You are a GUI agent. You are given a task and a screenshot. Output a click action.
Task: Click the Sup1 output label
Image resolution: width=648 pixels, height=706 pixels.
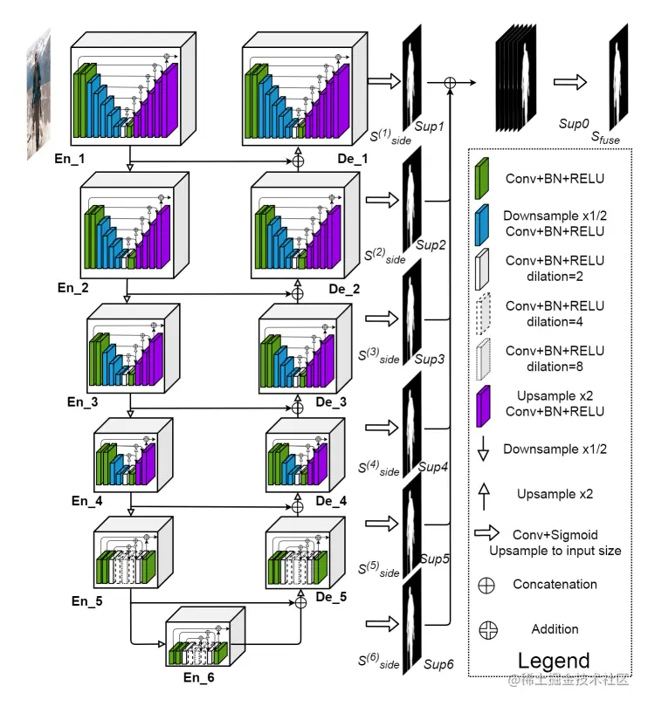[430, 127]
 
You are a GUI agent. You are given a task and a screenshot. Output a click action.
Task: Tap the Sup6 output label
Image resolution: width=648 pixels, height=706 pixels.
[438, 665]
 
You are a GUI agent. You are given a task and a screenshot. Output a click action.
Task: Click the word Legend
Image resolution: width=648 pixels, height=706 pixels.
[554, 661]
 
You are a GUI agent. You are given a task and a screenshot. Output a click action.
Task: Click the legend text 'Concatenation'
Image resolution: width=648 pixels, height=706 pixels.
[555, 584]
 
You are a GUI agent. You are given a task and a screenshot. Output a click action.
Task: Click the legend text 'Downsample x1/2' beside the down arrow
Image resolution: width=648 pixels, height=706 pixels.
[555, 449]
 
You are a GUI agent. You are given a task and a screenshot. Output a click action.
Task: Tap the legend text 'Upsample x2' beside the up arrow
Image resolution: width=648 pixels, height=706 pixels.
[555, 494]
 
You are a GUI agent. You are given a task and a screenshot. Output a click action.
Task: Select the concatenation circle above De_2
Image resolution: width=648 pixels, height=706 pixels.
[298, 294]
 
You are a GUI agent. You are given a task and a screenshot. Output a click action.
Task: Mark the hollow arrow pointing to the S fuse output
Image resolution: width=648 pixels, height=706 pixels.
[569, 81]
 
